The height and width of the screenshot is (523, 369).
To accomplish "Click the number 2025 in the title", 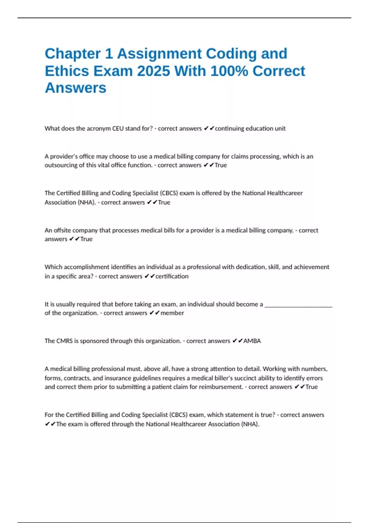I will [x=153, y=71].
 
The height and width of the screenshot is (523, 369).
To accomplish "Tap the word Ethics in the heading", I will [x=67, y=71].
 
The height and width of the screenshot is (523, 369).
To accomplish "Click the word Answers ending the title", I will [x=76, y=88].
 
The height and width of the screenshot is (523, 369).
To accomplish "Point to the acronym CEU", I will [x=118, y=128].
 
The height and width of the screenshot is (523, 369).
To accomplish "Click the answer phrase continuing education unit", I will [x=250, y=128].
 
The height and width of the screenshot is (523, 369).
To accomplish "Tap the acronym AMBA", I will [x=252, y=341].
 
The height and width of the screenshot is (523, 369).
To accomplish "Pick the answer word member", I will [x=172, y=313].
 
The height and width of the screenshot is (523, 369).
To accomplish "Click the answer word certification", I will [x=172, y=276].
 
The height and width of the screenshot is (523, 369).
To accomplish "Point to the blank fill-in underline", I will [x=298, y=306].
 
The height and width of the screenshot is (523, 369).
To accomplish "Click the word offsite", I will [x=62, y=230].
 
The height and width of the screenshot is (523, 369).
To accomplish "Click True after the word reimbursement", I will [x=311, y=387].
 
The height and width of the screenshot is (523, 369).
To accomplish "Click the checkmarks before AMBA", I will [x=237, y=341].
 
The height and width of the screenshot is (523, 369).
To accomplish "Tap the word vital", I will [x=104, y=165].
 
